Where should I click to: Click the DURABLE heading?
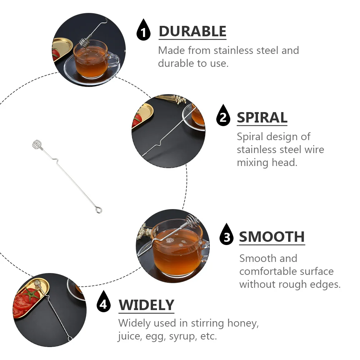pyautogui.click(x=192, y=32)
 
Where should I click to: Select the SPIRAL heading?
pyautogui.click(x=262, y=118)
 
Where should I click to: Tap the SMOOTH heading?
pyautogui.click(x=272, y=237)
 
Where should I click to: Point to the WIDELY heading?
pyautogui.click(x=146, y=305)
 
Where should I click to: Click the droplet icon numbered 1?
pyautogui.click(x=144, y=31)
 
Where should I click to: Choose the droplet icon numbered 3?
pyautogui.click(x=226, y=235)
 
